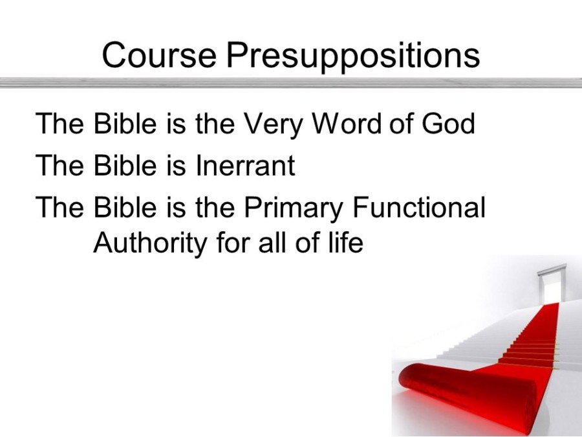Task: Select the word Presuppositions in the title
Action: [x=353, y=56]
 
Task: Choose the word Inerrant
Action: [x=245, y=164]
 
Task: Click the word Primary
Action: [x=293, y=208]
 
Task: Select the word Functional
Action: [x=418, y=207]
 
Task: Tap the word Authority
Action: [x=150, y=244]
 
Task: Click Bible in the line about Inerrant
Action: [x=125, y=164]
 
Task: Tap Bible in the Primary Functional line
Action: [x=125, y=207]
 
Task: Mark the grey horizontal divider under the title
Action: [x=291, y=82]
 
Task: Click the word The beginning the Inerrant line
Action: [x=59, y=164]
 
